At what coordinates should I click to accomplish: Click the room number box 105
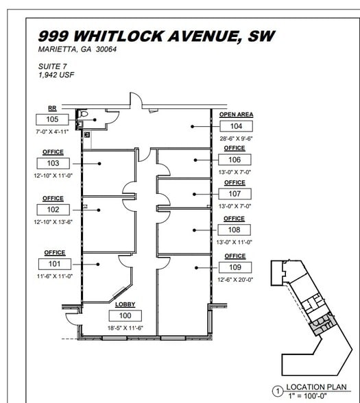52,119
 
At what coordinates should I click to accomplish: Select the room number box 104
236,126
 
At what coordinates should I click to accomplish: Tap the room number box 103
53,163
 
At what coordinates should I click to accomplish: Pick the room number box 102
53,210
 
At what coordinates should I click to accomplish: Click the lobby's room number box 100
125,315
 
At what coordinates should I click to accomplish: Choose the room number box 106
235,160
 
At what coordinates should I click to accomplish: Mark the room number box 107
235,194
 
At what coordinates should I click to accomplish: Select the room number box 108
235,230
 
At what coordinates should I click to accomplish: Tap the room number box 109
235,267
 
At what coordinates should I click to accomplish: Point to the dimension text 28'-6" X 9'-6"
236,138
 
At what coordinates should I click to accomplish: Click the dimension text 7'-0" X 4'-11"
52,130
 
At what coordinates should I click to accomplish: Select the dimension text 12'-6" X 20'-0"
235,280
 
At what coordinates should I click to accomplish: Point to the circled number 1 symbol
278,392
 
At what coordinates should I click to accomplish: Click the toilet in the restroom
84,114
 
